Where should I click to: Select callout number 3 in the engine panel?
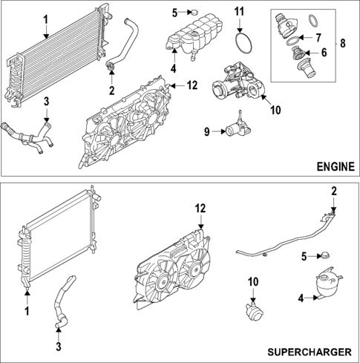(x=47, y=101)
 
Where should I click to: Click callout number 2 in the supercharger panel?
(x=334, y=192)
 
